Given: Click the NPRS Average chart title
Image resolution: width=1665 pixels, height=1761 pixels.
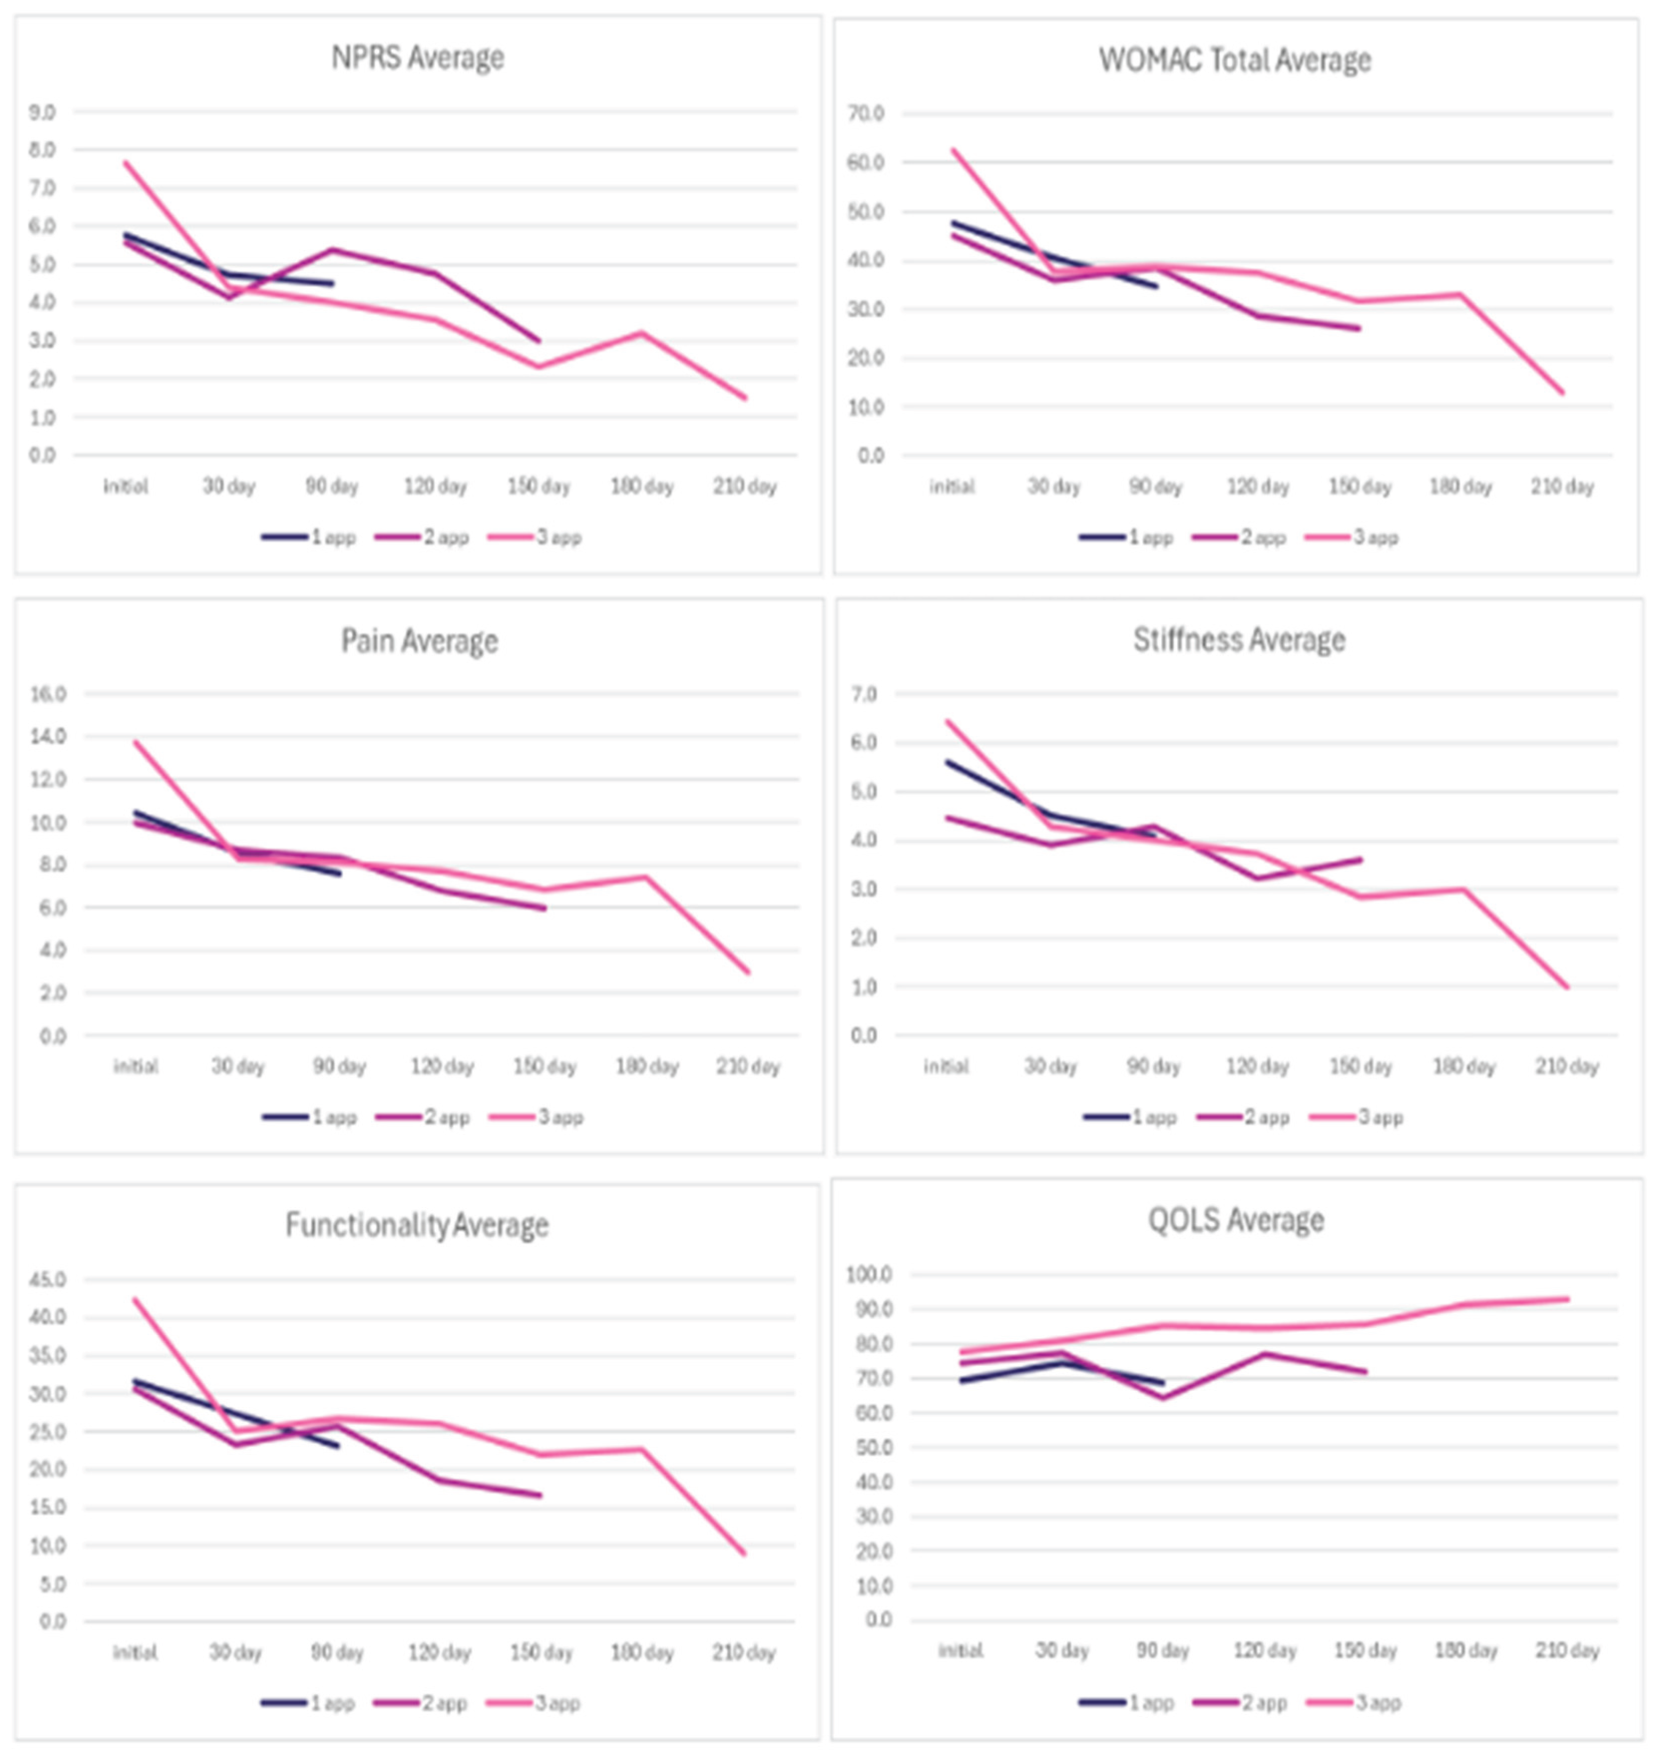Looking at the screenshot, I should tap(417, 58).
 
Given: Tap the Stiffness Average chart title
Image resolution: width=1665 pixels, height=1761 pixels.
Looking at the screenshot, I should tap(1239, 640).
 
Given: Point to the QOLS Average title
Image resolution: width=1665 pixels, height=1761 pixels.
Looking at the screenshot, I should tap(1236, 1220).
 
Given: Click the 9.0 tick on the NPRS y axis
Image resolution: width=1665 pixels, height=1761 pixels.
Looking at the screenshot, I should tap(42, 113).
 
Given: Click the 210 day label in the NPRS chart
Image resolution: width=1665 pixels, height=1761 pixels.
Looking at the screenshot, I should tap(744, 486).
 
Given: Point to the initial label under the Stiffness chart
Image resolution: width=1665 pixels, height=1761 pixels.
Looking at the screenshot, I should tap(945, 1066).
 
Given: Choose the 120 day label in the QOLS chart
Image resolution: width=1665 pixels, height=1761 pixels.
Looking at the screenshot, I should tap(1265, 1651).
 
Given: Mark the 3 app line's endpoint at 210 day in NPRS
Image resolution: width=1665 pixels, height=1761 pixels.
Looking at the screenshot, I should tap(745, 397).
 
